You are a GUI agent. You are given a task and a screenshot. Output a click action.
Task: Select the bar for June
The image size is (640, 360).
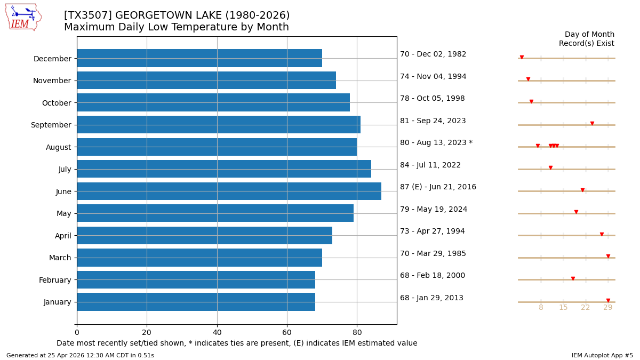[x=229, y=191]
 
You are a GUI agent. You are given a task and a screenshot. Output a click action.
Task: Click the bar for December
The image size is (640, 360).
[x=199, y=58]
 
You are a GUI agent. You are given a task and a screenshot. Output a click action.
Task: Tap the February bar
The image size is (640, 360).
[x=196, y=279]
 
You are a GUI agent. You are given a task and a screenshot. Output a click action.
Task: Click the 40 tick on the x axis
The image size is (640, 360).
[x=217, y=333]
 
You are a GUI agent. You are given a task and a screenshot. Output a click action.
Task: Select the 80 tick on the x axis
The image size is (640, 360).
[x=357, y=333]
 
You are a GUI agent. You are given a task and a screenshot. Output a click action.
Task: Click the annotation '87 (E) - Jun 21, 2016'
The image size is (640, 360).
[x=438, y=187]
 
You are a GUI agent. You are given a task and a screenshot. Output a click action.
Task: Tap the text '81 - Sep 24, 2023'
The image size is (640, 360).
[x=433, y=121]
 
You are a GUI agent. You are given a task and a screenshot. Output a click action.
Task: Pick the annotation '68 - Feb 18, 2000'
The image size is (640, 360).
[x=432, y=276]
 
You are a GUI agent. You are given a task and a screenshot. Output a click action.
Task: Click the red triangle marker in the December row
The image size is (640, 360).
[x=522, y=57]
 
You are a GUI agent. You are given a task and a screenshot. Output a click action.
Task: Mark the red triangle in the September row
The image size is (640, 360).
[x=592, y=124]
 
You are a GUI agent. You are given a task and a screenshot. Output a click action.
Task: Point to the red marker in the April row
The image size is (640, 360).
[x=602, y=234]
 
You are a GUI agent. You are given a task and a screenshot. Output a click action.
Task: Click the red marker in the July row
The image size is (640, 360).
[x=550, y=168]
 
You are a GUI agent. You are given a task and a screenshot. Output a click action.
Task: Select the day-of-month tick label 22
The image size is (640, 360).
[x=586, y=308]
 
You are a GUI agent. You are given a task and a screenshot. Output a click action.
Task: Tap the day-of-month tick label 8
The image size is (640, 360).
[x=541, y=308]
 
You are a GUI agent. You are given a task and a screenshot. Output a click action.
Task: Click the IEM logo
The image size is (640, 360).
[x=23, y=17]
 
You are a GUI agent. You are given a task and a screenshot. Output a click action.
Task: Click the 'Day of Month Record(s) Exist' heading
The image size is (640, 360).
[x=586, y=39]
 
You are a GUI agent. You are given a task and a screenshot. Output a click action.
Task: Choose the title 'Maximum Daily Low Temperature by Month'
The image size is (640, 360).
[x=176, y=27]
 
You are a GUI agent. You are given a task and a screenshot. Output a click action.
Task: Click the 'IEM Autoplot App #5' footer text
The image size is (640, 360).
[x=602, y=356]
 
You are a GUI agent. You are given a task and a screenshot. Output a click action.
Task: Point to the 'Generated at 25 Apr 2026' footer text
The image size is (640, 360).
[x=80, y=356]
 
